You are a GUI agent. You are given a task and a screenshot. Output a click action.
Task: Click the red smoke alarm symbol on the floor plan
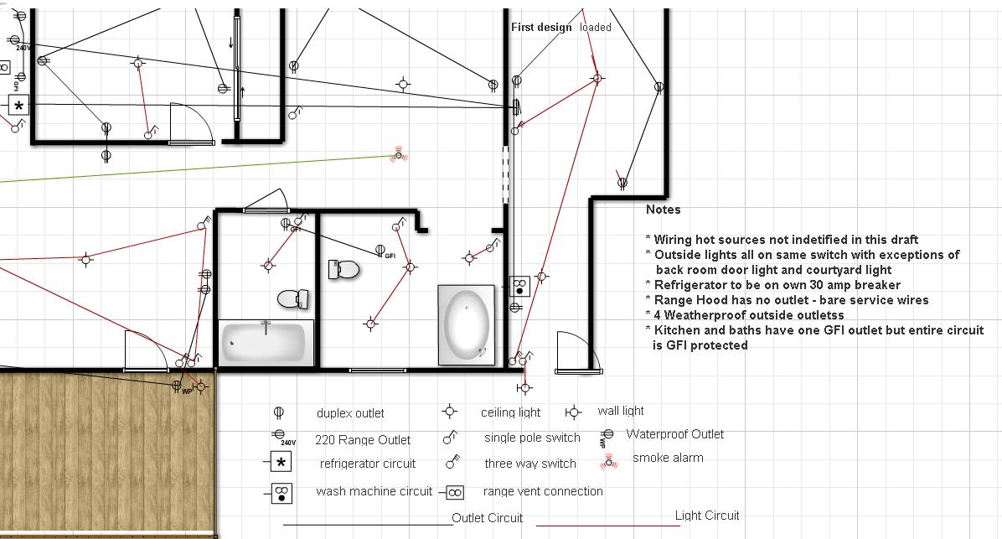coord(399,155)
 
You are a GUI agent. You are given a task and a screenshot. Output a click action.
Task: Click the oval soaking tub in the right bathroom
coord(467,324)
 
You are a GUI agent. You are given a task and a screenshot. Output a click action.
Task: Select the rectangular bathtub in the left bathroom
coord(266,343)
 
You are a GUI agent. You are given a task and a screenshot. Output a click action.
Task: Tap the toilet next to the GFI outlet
coord(343,269)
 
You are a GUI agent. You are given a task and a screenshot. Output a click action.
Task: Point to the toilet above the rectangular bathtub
coord(293,298)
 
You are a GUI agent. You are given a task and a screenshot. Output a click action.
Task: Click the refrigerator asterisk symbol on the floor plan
coord(18,106)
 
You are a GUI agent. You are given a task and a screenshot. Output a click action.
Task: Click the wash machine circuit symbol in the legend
coord(281,493)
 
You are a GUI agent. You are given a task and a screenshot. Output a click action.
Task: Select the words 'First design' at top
coord(541,27)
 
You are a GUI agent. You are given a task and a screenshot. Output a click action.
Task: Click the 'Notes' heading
coord(663,209)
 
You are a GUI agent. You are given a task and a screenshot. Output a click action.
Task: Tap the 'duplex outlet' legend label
coord(350,413)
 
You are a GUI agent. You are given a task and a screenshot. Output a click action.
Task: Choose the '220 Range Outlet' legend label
coord(362,440)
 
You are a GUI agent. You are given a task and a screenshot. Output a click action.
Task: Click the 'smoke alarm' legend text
coord(668,458)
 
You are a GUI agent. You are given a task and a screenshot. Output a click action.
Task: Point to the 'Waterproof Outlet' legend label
coord(674,434)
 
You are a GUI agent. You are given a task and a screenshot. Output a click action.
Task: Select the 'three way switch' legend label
coord(530,464)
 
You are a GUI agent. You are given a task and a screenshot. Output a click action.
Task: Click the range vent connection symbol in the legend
coord(454,492)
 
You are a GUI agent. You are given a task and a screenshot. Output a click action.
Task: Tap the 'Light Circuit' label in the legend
coord(707,516)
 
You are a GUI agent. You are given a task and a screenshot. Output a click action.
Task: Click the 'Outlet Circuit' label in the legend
coord(487,518)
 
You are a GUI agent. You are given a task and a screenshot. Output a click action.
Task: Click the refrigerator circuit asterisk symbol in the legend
coord(281,462)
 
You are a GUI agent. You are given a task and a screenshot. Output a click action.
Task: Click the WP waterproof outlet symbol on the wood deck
coord(177,386)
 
